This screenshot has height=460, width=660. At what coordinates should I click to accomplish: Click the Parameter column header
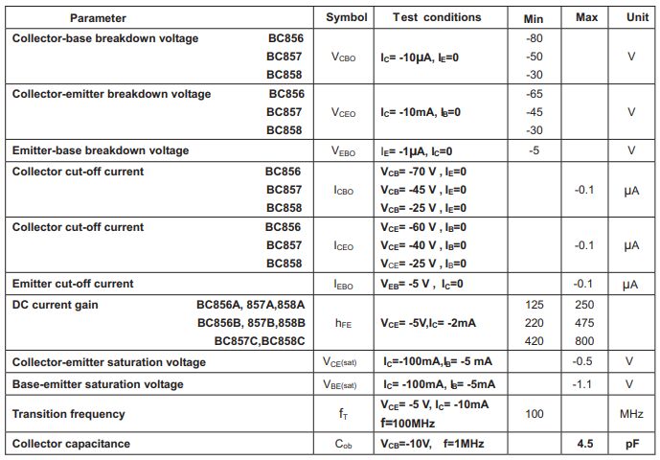tap(98, 17)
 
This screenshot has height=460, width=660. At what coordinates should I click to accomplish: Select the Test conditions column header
tap(437, 17)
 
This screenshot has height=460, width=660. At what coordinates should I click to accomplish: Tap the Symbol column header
tap(346, 17)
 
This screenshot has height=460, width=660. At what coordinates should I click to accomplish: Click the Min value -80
tap(535, 38)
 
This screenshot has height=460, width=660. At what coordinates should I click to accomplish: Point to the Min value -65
tap(535, 94)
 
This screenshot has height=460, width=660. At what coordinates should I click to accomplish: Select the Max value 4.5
tap(586, 444)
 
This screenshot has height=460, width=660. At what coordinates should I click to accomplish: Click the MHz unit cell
tap(630, 414)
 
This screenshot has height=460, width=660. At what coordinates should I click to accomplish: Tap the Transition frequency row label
tap(68, 414)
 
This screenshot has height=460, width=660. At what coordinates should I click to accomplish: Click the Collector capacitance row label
tap(71, 444)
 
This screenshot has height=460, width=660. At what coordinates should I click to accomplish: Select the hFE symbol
tap(345, 324)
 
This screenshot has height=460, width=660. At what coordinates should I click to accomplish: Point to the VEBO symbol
tap(345, 150)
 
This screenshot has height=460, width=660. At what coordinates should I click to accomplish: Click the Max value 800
tap(584, 341)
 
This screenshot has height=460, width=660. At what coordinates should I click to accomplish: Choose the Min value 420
tap(535, 341)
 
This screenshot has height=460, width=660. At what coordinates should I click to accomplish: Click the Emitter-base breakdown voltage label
tap(100, 150)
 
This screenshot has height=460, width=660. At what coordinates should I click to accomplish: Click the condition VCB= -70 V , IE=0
tap(423, 172)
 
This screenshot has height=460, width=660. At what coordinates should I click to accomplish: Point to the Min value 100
tap(535, 414)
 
